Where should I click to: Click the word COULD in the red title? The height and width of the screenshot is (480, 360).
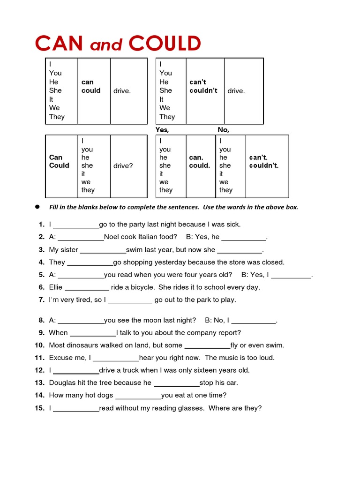click(x=165, y=44)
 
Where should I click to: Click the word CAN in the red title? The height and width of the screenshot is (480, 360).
click(x=59, y=44)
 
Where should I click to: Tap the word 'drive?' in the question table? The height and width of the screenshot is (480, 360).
click(x=123, y=166)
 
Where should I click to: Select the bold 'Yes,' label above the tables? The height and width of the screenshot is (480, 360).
click(x=162, y=130)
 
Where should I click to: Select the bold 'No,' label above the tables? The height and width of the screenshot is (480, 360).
click(x=223, y=130)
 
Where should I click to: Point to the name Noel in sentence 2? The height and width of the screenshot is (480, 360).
click(x=112, y=237)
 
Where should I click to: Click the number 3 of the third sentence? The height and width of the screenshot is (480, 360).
click(x=41, y=250)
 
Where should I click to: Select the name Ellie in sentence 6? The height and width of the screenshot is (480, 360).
click(x=56, y=287)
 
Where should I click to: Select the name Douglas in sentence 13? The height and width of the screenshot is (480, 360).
click(x=62, y=382)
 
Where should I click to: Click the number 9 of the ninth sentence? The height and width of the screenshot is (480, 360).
click(x=41, y=333)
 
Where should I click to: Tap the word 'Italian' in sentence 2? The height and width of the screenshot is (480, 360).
click(x=140, y=237)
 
